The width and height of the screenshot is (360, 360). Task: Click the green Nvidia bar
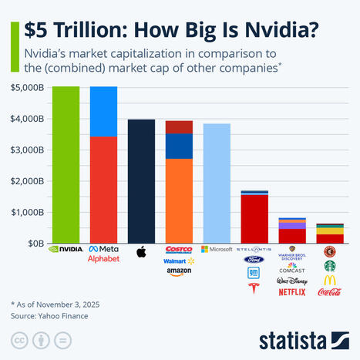[66, 165]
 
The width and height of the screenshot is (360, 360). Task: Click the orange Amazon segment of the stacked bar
[179, 200]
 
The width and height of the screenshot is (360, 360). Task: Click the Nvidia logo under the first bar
[66, 250]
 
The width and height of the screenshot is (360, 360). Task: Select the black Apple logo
[141, 251]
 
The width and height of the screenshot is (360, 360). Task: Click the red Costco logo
[179, 250]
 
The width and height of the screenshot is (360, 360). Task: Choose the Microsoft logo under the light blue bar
[217, 250]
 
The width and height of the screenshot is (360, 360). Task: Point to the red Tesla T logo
[254, 290]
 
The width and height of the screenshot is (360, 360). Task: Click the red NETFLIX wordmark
[292, 292]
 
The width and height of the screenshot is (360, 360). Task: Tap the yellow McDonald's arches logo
[330, 280]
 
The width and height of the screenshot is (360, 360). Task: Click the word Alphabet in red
[103, 258]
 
